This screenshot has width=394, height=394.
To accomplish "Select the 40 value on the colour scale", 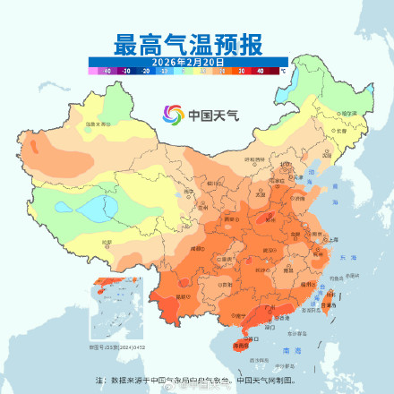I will (260, 69).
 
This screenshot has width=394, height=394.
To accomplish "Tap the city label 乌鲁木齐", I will (96, 123).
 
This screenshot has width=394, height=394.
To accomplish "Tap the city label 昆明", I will (184, 295).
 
